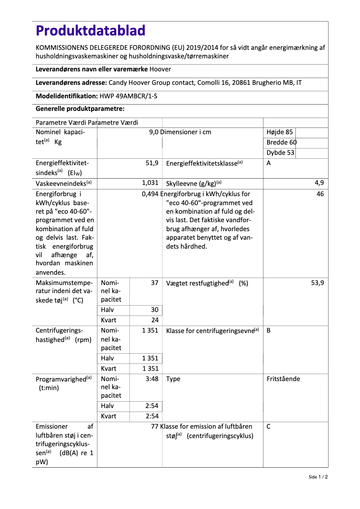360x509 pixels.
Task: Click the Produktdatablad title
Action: tap(91, 31)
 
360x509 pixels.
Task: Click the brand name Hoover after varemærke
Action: tap(160, 69)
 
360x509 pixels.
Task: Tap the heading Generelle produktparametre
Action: tap(80, 109)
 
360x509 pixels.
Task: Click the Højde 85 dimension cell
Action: tap(280, 132)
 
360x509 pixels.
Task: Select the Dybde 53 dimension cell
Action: tap(281, 153)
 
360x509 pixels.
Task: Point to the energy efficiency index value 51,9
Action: tap(152, 163)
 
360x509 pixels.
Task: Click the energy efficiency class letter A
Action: tap(268, 163)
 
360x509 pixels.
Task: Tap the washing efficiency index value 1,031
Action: tap(150, 183)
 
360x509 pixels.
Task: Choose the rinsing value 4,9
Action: tap(319, 183)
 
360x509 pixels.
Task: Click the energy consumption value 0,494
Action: tap(150, 194)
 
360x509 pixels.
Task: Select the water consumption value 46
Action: tap(320, 194)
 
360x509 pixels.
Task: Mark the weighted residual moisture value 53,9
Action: tap(317, 283)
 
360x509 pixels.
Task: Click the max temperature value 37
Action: tap(154, 283)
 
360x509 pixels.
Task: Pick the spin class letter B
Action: tap(268, 331)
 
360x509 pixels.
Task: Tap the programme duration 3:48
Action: tap(152, 379)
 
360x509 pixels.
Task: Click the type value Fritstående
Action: tap(283, 379)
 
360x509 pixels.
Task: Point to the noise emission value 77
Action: tap(155, 426)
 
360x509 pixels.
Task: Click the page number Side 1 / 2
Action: tap(318, 477)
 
